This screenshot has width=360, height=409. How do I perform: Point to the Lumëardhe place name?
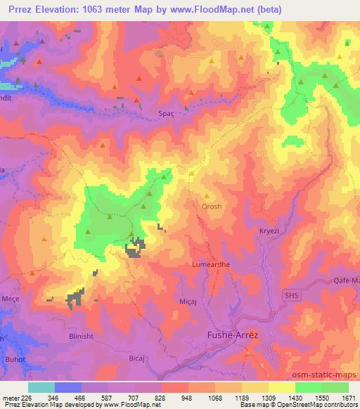[209, 264]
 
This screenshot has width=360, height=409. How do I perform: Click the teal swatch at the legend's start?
[41, 387]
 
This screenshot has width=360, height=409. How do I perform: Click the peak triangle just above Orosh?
[206, 196]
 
